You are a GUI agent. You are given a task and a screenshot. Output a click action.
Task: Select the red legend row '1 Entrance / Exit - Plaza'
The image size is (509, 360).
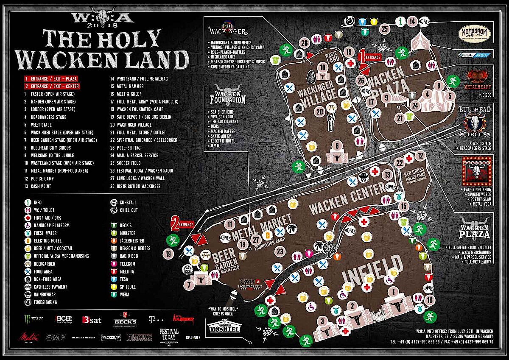click(51, 79)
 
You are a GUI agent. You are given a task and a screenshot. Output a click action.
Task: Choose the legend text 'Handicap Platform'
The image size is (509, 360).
click(51, 226)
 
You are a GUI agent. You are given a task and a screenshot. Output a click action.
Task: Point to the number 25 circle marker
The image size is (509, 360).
click(385, 29)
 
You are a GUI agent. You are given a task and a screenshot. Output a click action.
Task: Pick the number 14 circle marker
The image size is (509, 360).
click(411, 21)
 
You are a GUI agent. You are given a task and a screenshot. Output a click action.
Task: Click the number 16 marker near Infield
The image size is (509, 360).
click(430, 301)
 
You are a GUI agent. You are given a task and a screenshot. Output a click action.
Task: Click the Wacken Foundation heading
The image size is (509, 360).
click(228, 97)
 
